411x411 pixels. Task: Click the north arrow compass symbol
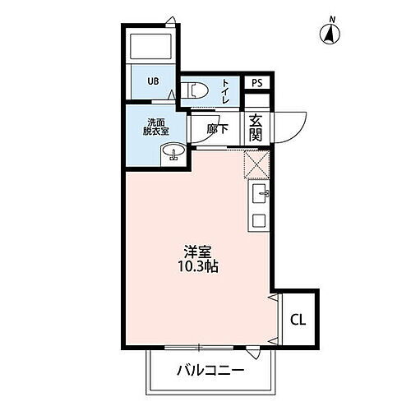pos(330,33)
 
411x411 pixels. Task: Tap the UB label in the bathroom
pos(153,81)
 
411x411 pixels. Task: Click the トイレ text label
pos(225,90)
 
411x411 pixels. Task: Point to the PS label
pos(256,83)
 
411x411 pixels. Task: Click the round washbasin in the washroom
pos(173,153)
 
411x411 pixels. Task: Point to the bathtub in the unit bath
pos(150,48)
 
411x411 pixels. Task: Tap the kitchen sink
pos(258,194)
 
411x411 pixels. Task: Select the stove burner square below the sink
pos(258,219)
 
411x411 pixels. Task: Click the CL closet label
pos(297,319)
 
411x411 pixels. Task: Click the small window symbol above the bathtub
pos(169,21)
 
